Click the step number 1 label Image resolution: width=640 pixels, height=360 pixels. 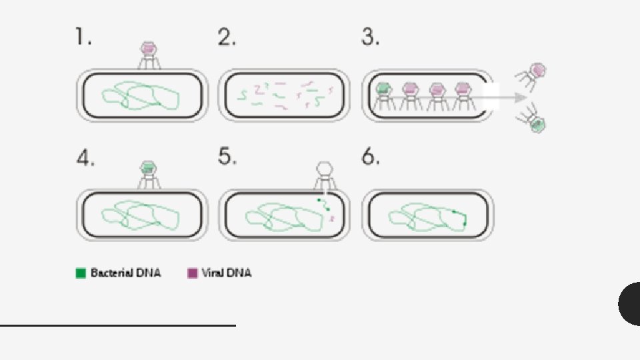[x=81, y=38]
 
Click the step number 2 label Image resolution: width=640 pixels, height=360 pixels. [x=227, y=38]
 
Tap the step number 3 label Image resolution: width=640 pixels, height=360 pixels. [x=371, y=38]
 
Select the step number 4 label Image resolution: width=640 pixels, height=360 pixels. [x=84, y=159]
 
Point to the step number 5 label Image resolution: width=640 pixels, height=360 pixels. [x=227, y=157]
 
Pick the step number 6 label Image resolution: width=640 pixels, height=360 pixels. [x=371, y=158]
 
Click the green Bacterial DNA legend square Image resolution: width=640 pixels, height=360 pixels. [x=81, y=273]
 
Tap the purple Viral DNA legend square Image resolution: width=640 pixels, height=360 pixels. [x=193, y=273]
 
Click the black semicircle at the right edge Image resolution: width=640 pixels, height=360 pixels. [x=629, y=303]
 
